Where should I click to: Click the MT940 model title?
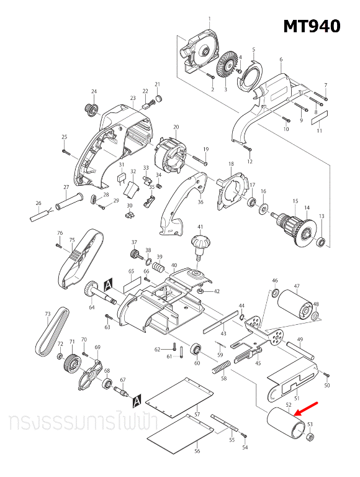(x=312, y=26)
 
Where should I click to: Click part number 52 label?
(x=288, y=404)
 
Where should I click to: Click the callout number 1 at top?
(x=209, y=19)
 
